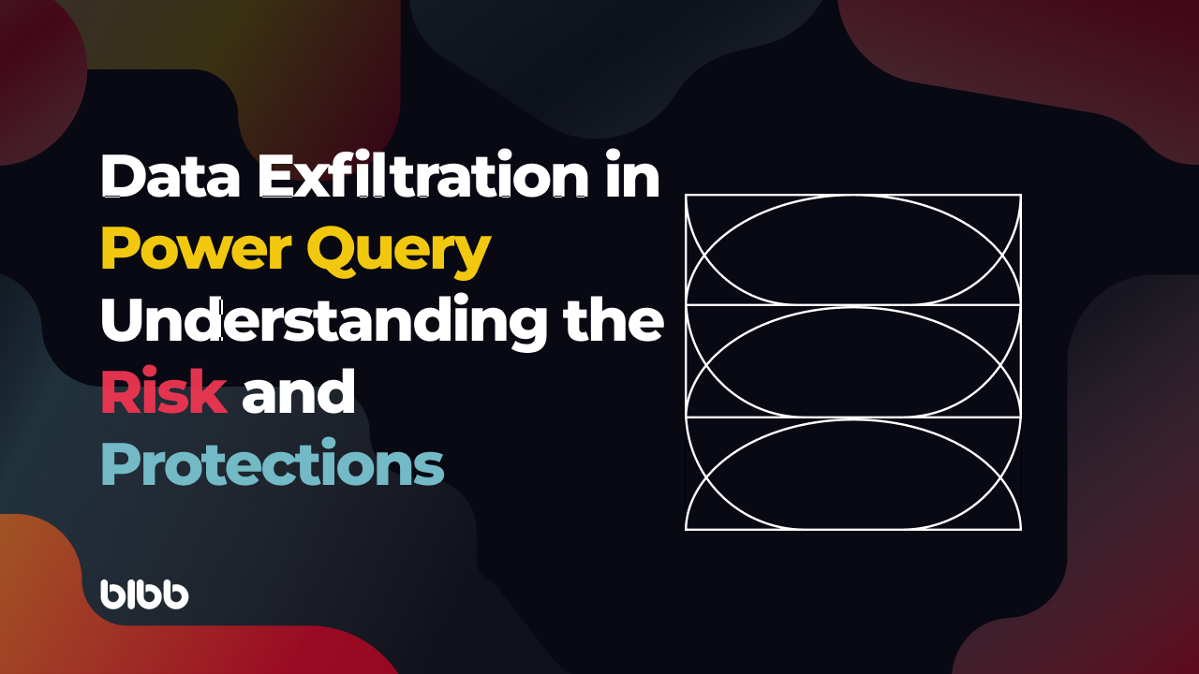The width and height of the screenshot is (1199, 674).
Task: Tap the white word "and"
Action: (298, 393)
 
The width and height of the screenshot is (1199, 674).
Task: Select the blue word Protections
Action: (272, 464)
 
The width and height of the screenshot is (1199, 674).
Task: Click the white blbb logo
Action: (144, 594)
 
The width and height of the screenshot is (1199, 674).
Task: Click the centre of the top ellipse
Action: (853, 250)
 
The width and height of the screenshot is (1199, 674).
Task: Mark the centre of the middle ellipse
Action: (853, 361)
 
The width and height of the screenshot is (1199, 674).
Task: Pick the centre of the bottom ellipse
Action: (853, 474)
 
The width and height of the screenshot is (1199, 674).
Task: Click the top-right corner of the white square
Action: (1020, 195)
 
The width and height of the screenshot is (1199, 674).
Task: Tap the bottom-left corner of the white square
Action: (687, 529)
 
